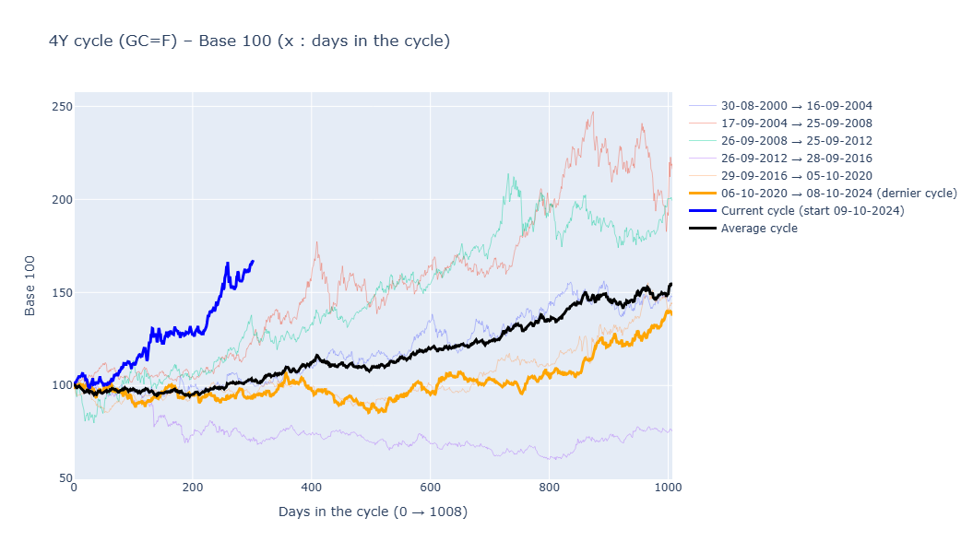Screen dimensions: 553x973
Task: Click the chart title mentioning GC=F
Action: coord(249,41)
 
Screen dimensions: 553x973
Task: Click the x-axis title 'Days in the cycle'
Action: coord(373,512)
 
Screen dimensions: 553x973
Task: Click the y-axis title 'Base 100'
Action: coord(30,286)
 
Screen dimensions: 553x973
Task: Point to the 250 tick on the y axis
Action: coord(62,107)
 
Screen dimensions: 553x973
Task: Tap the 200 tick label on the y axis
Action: coord(62,200)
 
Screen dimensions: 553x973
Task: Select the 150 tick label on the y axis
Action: coord(62,293)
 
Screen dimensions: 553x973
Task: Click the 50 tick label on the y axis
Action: coord(65,478)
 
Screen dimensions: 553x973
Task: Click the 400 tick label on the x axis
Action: coord(311,488)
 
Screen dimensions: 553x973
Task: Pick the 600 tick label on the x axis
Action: coord(430,488)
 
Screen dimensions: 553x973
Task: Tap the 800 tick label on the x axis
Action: coord(549,488)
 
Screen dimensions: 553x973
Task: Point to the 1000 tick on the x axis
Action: coord(667,488)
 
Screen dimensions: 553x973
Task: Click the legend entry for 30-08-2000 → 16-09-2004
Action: coord(796,106)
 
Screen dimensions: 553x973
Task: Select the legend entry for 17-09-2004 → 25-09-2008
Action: coord(796,124)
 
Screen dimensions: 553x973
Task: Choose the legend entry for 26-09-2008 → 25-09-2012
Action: coord(796,141)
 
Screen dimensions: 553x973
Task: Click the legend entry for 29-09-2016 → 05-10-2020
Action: coord(796,176)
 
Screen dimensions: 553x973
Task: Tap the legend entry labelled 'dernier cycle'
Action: coord(838,194)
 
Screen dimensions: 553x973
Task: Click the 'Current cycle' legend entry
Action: coord(812,211)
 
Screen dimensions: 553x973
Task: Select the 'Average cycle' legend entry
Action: coord(759,229)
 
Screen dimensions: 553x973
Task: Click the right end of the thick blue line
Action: coord(254,261)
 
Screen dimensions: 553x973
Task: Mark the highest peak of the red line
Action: coord(592,112)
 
